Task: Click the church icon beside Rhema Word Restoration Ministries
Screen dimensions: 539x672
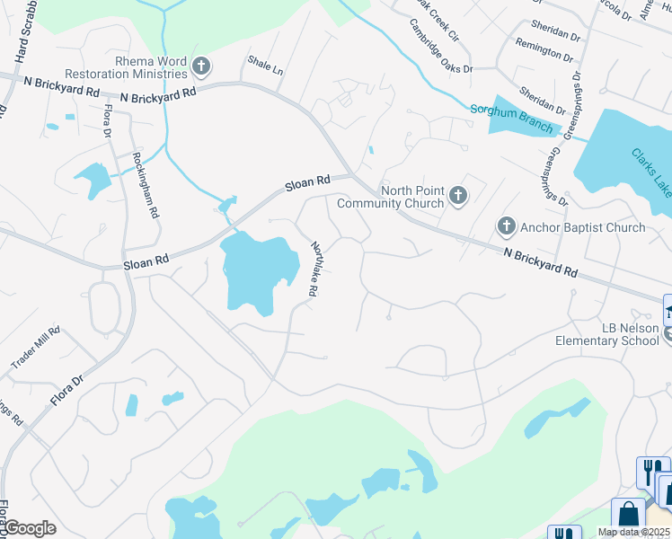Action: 201,66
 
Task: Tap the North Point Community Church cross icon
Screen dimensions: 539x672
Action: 458,195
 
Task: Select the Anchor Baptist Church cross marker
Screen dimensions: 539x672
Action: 507,226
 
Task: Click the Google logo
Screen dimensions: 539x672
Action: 30,528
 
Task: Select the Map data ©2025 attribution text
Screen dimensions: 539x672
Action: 633,532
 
